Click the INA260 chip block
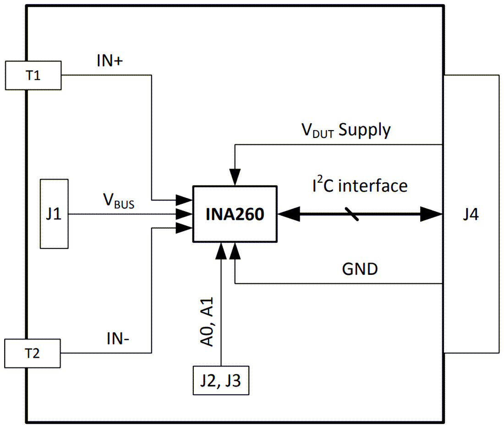[x=235, y=214]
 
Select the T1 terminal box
[x=33, y=75]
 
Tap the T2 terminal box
[x=33, y=353]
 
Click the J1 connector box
[x=54, y=214]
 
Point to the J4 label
[x=471, y=214]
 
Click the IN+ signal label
[x=109, y=60]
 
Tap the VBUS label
[x=118, y=202]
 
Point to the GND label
[x=360, y=269]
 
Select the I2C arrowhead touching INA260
[x=289, y=214]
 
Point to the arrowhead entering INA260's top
[x=235, y=177]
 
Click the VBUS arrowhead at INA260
[x=184, y=214]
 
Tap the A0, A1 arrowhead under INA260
[x=221, y=250]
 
